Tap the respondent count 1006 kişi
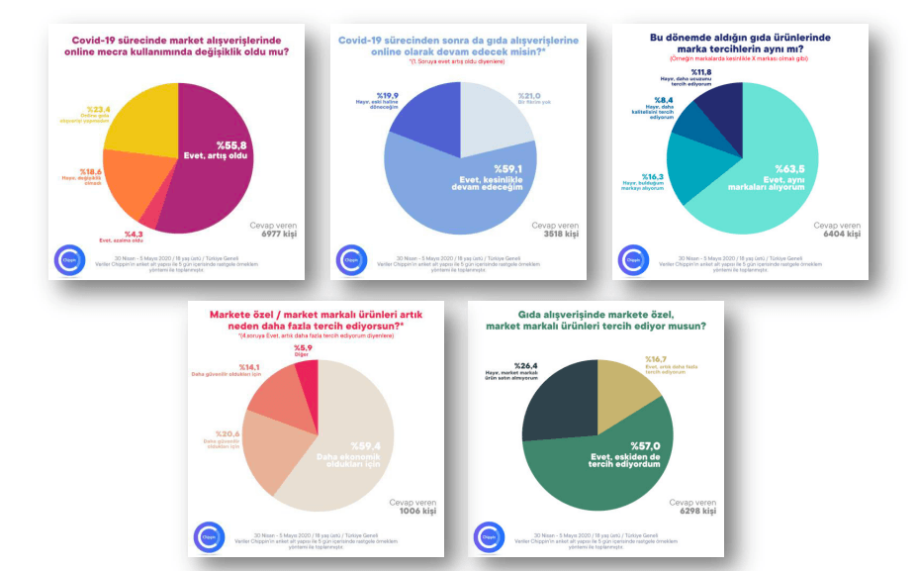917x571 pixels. coord(412,513)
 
